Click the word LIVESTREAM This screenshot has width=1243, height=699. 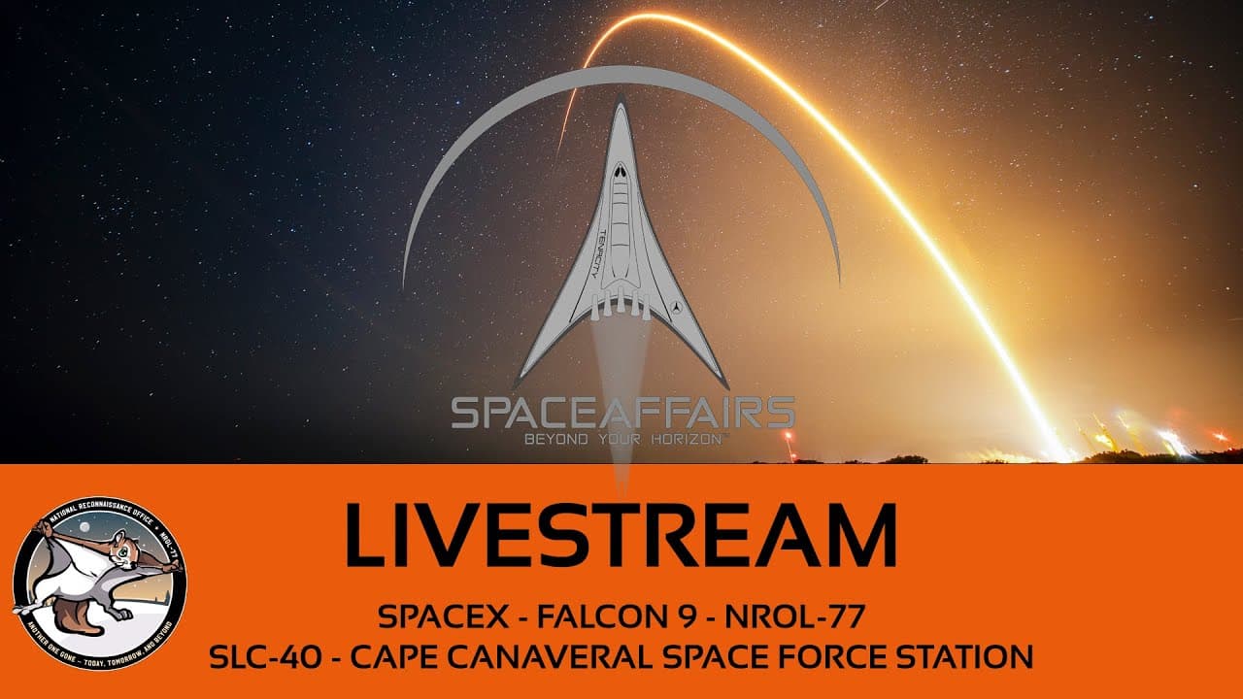(x=621, y=535)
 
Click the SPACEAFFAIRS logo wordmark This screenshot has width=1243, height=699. (x=622, y=412)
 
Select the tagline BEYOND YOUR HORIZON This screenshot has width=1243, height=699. (x=622, y=439)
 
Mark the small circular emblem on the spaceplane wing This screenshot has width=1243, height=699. (x=677, y=307)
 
